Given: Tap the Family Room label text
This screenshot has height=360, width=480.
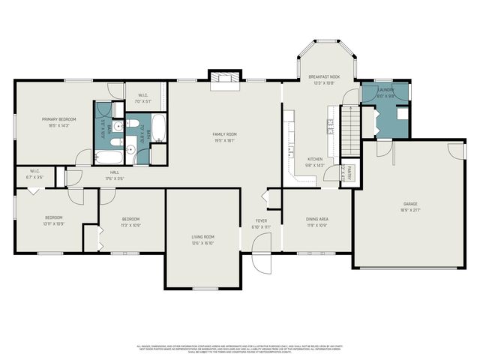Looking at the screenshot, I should click(224, 134).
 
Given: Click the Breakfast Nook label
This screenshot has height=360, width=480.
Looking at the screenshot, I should click(324, 77).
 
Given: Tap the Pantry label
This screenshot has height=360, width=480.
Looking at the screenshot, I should click(346, 173).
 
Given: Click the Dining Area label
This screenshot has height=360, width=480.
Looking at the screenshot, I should click(316, 220).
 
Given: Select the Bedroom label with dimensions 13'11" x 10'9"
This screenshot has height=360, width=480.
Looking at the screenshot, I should click(52, 220).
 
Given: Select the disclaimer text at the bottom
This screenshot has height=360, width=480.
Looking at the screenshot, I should click(240, 349).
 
